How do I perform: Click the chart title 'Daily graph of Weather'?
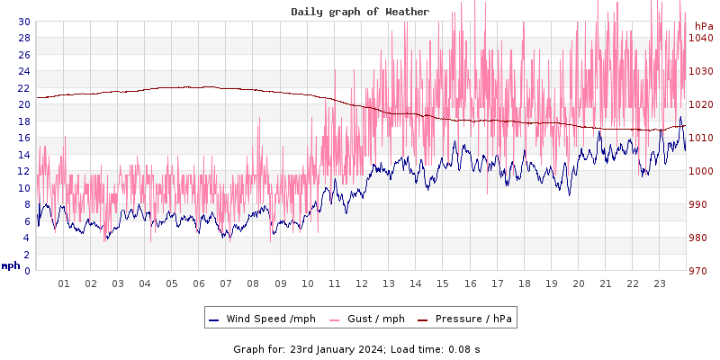tap(360, 12)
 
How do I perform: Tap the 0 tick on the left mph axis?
tap(27, 271)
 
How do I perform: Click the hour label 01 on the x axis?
tap(64, 283)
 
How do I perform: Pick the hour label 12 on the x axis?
tap(362, 283)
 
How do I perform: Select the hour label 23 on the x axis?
tap(659, 283)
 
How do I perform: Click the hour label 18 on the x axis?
tap(524, 283)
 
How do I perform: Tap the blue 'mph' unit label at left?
tap(11, 265)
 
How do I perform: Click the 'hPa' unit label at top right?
tap(703, 26)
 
